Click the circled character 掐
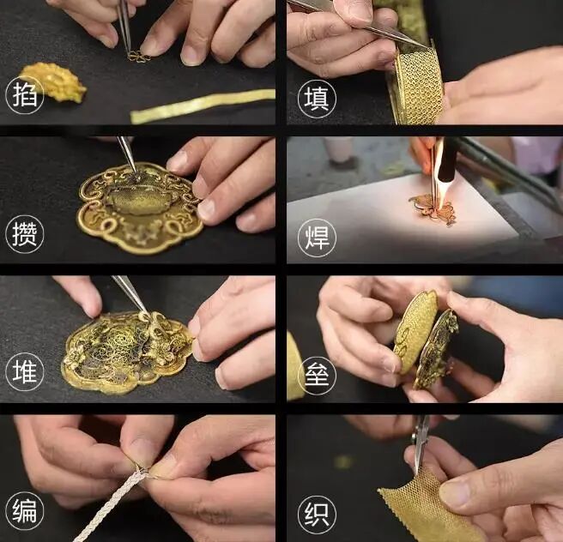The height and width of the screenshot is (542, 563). (24, 96)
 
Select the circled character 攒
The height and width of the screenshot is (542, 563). (24, 234)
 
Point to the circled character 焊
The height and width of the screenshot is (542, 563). (317, 238)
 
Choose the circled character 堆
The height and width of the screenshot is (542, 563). (24, 371)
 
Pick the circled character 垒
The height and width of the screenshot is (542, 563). (317, 376)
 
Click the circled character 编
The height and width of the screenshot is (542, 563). (24, 511)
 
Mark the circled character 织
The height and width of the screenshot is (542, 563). (317, 515)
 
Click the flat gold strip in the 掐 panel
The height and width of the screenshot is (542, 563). (203, 106)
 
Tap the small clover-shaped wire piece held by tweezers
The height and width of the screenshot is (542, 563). (138, 57)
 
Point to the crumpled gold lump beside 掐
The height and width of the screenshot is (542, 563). (54, 81)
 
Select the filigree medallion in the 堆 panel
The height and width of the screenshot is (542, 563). (128, 352)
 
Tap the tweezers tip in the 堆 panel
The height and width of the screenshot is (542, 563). (145, 311)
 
